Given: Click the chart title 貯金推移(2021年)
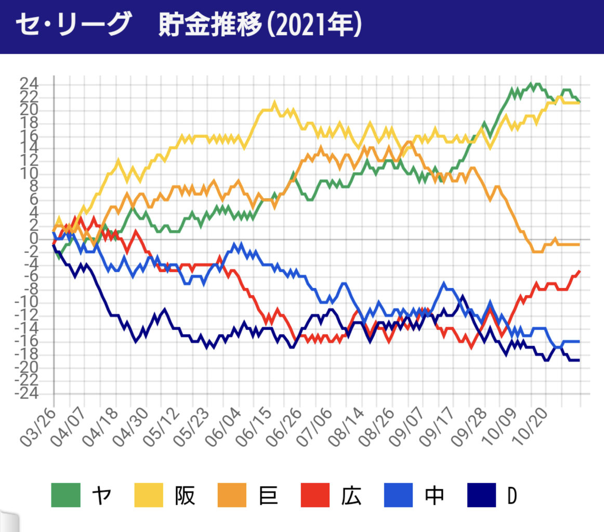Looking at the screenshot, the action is click(x=260, y=25).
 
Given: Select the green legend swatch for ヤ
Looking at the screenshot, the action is click(x=66, y=495).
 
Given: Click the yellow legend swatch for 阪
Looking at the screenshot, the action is click(x=149, y=495).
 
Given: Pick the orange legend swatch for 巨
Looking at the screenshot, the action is click(x=232, y=495).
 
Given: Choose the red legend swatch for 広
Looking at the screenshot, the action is click(x=315, y=495).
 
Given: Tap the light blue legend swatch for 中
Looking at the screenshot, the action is click(x=399, y=495).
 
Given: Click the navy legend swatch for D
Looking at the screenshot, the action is click(x=481, y=495).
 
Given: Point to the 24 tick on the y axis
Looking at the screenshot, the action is click(x=29, y=83).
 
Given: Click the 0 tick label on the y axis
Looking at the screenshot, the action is click(x=34, y=238).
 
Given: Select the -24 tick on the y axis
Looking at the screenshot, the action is click(x=27, y=393).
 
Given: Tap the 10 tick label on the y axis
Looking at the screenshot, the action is click(x=29, y=174).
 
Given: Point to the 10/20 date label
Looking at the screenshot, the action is click(x=530, y=427).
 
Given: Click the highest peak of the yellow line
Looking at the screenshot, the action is click(x=274, y=102).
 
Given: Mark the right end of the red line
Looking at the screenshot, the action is click(x=580, y=271).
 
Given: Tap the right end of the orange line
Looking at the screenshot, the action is click(x=580, y=245).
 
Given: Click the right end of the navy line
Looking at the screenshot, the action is click(x=580, y=361).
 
